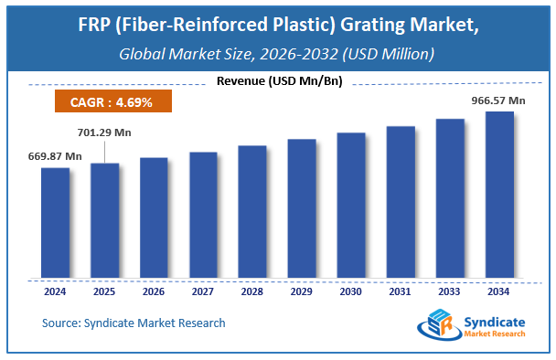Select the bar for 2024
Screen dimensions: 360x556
click(x=55, y=223)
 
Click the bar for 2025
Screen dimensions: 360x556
click(x=104, y=220)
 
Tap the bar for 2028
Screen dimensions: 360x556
click(x=252, y=212)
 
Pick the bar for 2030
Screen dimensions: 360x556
click(x=351, y=206)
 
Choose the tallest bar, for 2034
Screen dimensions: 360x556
click(x=499, y=195)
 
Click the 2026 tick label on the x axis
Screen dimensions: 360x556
click(x=154, y=292)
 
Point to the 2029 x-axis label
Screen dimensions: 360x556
click(x=302, y=292)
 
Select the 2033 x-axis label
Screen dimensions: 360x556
click(x=450, y=292)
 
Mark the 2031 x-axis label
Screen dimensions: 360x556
click(x=401, y=292)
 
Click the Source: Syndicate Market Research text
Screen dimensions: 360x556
click(x=134, y=323)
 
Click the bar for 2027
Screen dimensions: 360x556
click(x=203, y=215)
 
